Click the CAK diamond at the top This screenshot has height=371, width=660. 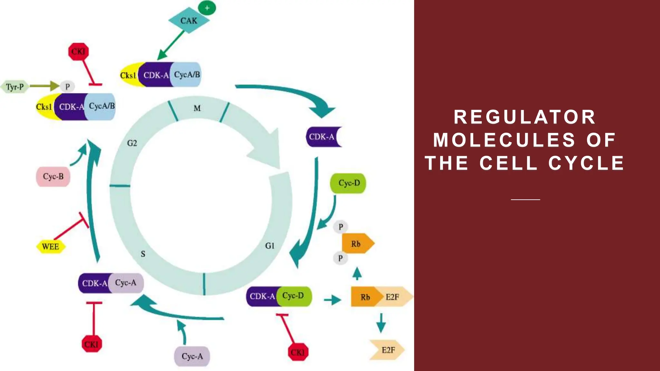[189, 21]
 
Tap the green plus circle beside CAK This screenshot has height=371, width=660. [207, 8]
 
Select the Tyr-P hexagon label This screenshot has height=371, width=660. [15, 87]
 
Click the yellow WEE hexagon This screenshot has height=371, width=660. [51, 247]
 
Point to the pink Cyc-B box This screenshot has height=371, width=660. [53, 176]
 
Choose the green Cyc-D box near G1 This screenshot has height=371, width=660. [348, 183]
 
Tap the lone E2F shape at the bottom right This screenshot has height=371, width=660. [387, 350]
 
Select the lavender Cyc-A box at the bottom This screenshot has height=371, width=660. [192, 356]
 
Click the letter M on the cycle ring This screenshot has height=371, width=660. [197, 109]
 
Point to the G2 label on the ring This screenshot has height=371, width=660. [132, 143]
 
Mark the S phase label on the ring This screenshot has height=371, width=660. [143, 254]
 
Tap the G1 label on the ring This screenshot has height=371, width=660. [270, 246]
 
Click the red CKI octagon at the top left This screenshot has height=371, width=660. [78, 52]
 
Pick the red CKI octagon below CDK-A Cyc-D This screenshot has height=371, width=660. [298, 352]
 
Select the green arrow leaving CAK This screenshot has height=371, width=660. [171, 45]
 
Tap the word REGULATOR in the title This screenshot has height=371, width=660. [525, 117]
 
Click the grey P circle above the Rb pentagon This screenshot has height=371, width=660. [341, 227]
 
